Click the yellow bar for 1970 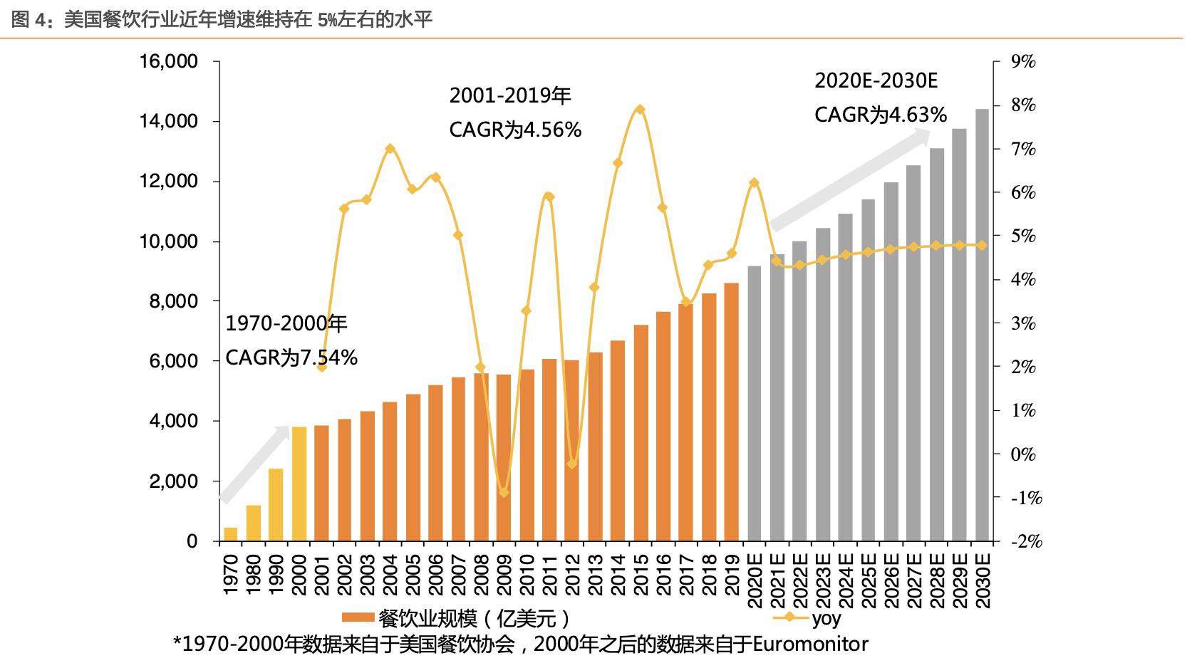click(231, 534)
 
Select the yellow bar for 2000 click(299, 484)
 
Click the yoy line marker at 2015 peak click(640, 110)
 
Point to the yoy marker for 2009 click(504, 492)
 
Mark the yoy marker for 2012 click(571, 464)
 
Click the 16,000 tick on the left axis click(169, 62)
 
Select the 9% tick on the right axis click(1023, 62)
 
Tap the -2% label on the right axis click(1026, 541)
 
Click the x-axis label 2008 click(481, 575)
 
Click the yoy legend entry click(812, 618)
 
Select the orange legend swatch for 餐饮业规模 click(358, 618)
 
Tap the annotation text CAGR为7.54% click(291, 358)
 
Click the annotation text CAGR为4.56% click(515, 130)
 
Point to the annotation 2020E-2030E click(876, 80)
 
